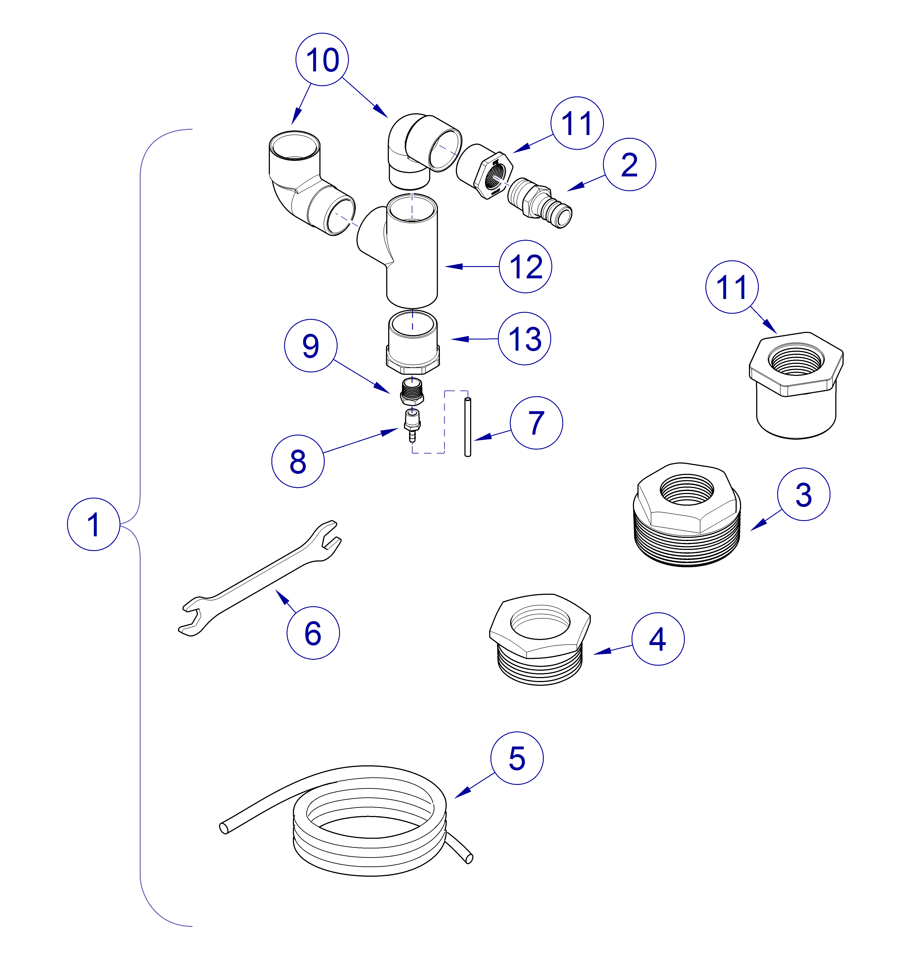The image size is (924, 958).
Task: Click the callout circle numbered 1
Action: point(93,524)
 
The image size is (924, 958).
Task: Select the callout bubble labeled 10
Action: point(322,60)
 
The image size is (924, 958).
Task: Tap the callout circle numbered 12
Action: point(525,266)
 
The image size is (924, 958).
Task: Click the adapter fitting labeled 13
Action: point(413,342)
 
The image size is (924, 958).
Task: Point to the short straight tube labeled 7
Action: point(468,427)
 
